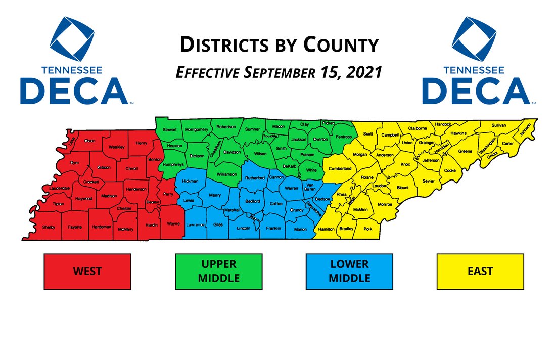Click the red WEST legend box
click(87, 272)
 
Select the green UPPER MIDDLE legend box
click(219, 272)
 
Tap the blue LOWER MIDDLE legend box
click(350, 272)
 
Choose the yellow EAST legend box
click(480, 272)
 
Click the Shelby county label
click(49, 227)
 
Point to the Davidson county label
click(232, 152)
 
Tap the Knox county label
click(405, 164)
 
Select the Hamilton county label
click(327, 229)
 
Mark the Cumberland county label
click(340, 168)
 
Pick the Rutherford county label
click(255, 178)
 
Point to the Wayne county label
click(173, 223)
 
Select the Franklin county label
click(273, 229)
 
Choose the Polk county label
click(367, 229)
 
